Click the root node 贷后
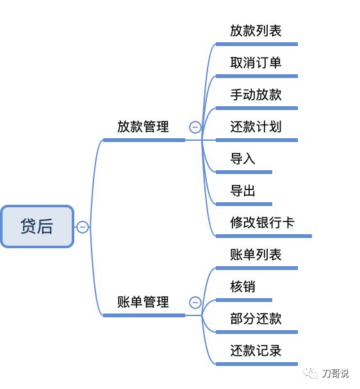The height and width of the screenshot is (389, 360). [37, 226]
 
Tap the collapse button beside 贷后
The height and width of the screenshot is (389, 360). [83, 226]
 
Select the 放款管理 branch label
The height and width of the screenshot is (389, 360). [143, 127]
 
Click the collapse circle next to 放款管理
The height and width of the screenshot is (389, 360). [195, 127]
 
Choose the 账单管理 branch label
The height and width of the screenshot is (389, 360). [143, 302]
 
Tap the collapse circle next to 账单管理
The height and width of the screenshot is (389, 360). [195, 303]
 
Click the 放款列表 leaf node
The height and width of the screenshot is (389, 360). [256, 31]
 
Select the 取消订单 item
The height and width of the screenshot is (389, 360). [256, 63]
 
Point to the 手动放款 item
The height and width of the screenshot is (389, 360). [256, 95]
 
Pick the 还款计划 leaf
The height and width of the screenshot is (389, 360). [256, 127]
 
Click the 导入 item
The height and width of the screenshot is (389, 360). [243, 159]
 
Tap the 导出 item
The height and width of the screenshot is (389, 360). [243, 191]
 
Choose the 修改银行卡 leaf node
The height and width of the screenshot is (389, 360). [262, 223]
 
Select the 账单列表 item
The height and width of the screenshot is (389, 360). [256, 255]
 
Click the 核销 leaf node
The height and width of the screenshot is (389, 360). [243, 287]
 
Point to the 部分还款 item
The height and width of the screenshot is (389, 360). [256, 319]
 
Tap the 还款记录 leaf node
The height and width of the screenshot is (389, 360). [256, 351]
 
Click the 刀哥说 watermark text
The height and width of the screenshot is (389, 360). [336, 373]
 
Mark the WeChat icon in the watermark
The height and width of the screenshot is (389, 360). [311, 373]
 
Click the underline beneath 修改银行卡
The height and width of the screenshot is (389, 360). [263, 236]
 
